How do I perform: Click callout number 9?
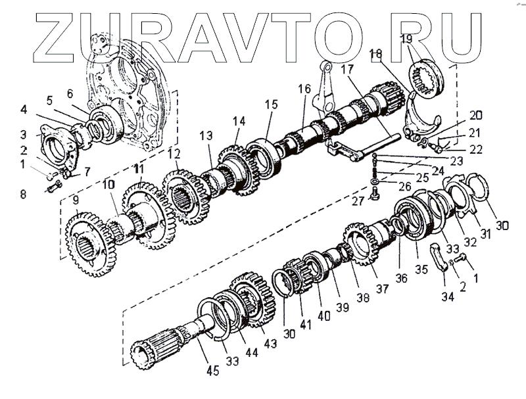(x=76, y=200)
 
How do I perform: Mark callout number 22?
(x=475, y=150)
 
